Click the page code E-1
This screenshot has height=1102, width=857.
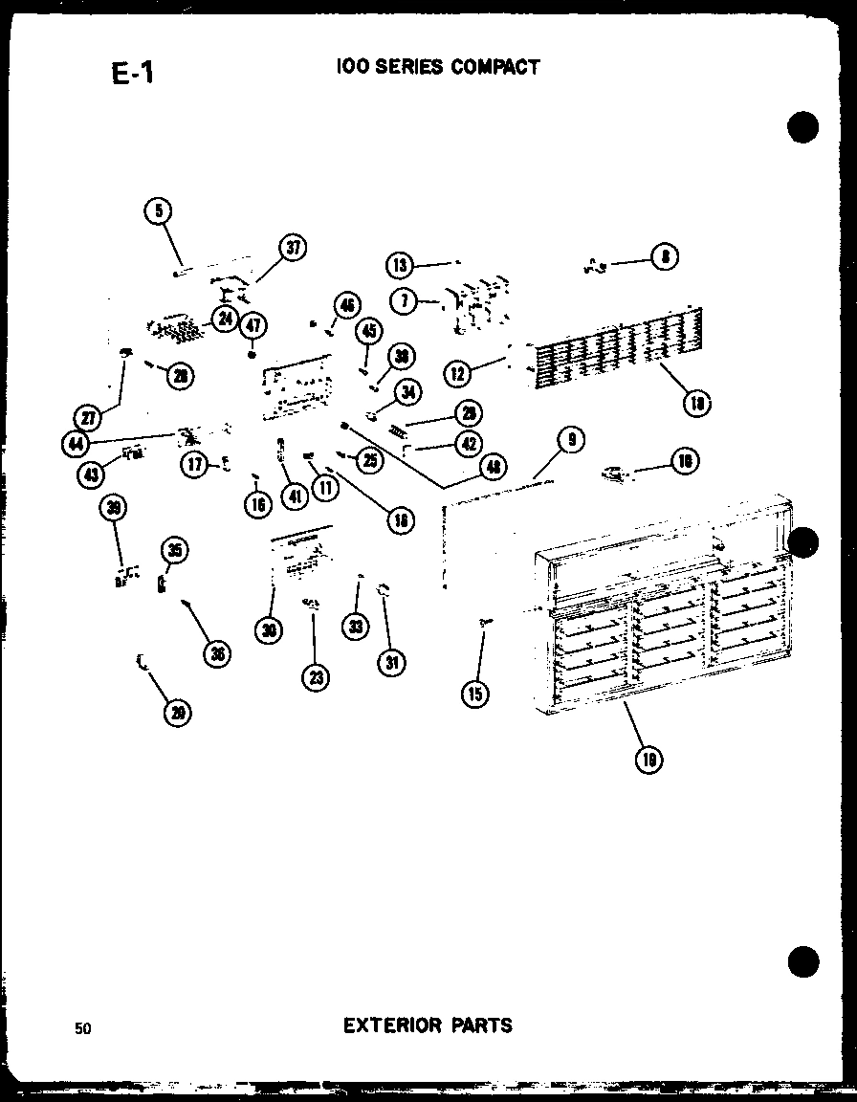[x=132, y=74]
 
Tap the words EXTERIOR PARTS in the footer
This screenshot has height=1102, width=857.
[x=428, y=1025]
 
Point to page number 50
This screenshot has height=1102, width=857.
[x=83, y=1028]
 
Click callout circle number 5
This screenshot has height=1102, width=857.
[x=159, y=209]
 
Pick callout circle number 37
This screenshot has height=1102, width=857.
[x=292, y=248]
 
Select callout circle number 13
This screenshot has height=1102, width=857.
[x=400, y=264]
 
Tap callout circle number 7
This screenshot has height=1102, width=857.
[x=406, y=301]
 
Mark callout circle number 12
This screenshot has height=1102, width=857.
[x=460, y=374]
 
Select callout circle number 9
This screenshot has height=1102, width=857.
[x=571, y=440]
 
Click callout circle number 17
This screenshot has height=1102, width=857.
[x=196, y=465]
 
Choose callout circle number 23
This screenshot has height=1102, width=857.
[x=315, y=677]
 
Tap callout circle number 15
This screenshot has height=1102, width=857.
[x=474, y=694]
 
